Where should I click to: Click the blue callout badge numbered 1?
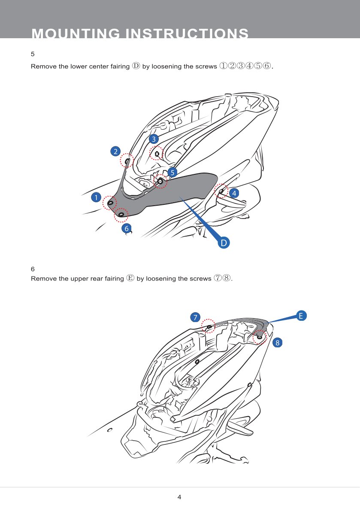coord(96,198)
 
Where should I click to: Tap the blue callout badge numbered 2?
coord(115,151)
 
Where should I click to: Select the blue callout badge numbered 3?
coord(154,139)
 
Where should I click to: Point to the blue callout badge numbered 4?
coord(234,193)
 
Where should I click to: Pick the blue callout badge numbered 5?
coord(172,172)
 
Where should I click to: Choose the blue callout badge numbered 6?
coord(126,228)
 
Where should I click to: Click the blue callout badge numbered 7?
coord(195,317)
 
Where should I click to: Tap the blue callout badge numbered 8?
coord(277,342)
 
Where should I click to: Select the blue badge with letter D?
coord(224,243)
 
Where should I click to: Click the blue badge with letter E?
coord(301,316)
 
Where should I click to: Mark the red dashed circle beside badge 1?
coord(110,202)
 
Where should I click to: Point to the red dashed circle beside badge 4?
coord(221,191)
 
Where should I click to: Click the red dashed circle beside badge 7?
coord(209,326)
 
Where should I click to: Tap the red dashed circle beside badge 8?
coord(259,337)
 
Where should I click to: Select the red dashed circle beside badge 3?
coord(157,153)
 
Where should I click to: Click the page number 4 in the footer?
coord(179,497)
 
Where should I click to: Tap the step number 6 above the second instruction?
coord(33,269)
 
